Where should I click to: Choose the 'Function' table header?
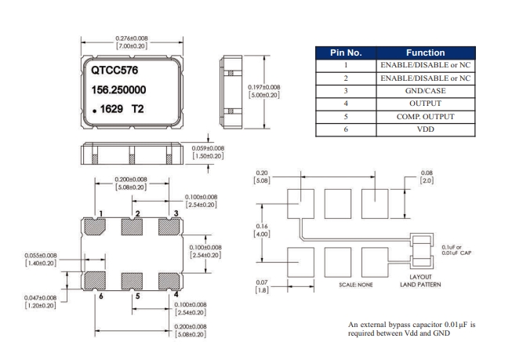coord(425,53)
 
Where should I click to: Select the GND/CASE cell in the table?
coord(425,90)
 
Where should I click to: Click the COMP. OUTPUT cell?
coord(425,117)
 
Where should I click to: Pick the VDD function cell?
coord(425,129)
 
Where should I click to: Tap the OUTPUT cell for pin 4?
coord(425,104)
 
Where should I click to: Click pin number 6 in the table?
coord(345,129)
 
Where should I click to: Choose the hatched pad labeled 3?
coord(169,227)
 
